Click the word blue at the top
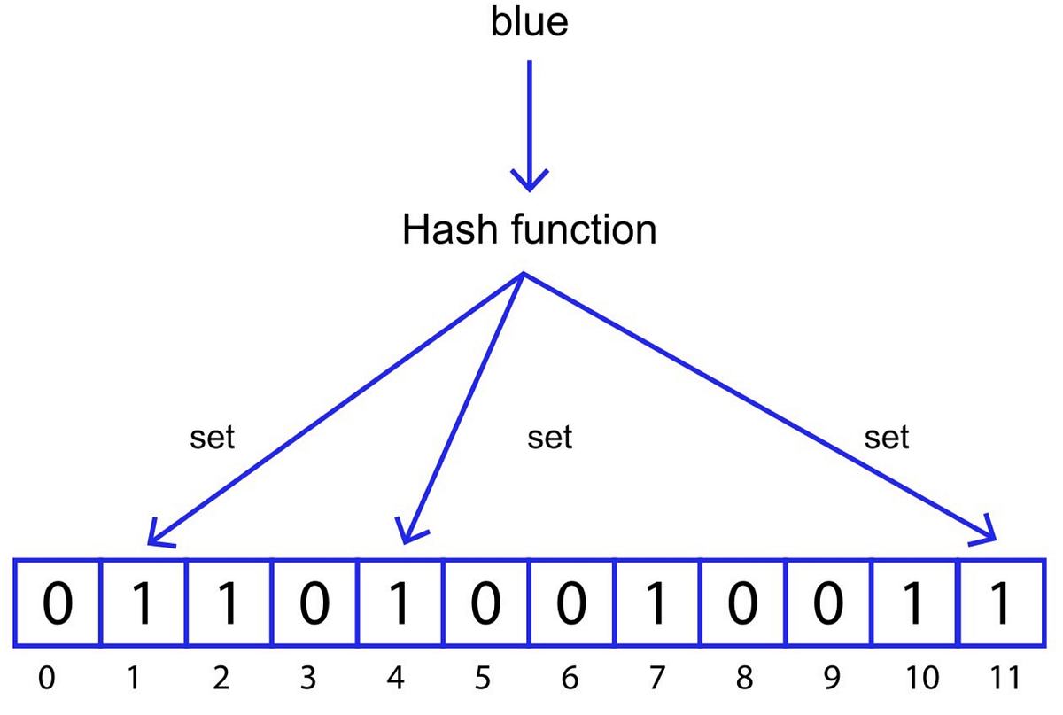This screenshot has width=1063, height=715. coord(529,23)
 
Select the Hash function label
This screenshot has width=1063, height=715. coord(529,230)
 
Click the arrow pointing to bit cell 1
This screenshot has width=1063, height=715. coord(337,408)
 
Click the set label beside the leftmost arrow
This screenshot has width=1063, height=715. coord(213,438)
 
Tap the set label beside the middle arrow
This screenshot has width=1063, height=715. coord(549,438)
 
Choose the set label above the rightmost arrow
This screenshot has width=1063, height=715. coord(887,438)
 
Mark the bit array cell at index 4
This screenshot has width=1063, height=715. coord(400,604)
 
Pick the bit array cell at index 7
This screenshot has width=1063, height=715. coord(656,604)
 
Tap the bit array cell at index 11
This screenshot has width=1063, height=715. coord(1000,604)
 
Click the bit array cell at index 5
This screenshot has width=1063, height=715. coord(485,604)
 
